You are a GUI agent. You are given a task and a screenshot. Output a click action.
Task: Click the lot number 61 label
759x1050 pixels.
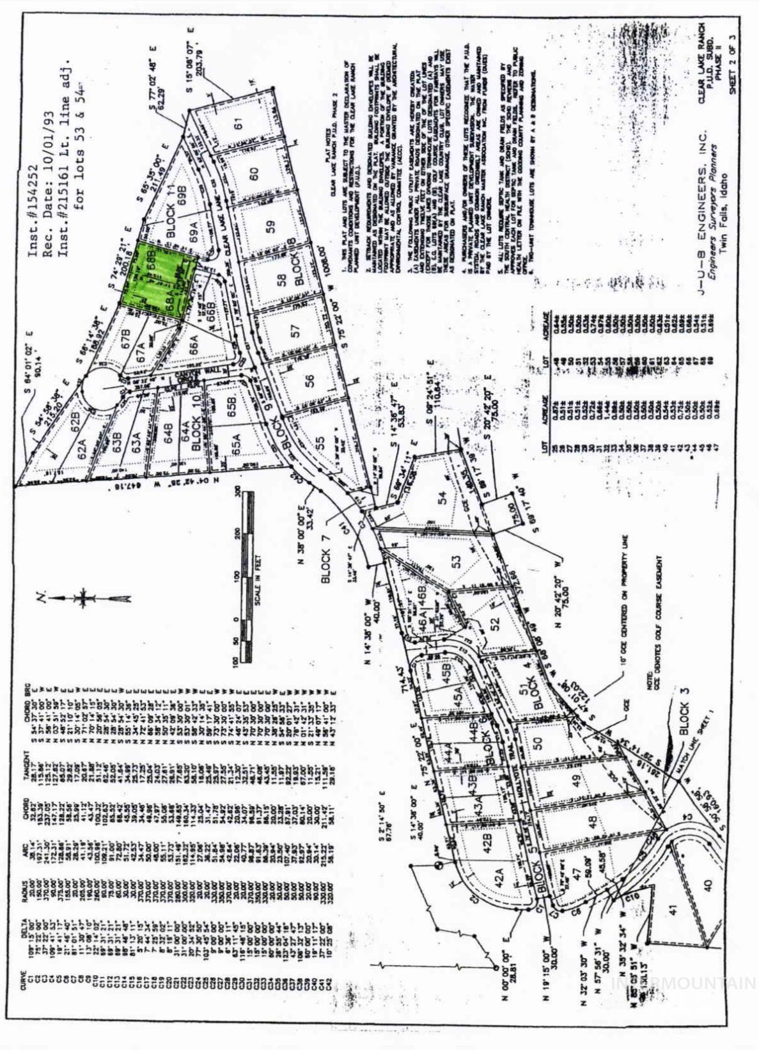[239, 123]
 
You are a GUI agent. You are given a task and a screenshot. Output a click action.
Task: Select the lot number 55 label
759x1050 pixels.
[320, 443]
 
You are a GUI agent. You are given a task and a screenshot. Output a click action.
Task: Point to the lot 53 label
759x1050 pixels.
[455, 561]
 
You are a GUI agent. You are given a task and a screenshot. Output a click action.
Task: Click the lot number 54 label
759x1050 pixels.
[442, 498]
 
